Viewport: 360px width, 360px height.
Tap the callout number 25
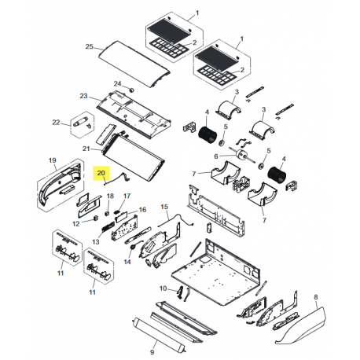[89, 46]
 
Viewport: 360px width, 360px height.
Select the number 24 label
[117, 83]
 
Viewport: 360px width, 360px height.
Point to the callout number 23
[83, 96]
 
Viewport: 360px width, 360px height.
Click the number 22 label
[56, 122]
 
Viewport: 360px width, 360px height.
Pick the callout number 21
[86, 148]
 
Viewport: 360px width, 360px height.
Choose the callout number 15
[164, 206]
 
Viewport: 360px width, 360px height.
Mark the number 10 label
[163, 288]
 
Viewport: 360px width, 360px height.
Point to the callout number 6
[213, 156]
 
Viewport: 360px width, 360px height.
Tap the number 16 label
[142, 210]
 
